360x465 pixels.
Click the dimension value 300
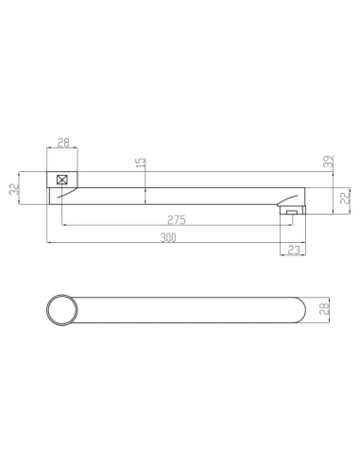(x=168, y=238)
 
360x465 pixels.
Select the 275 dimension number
(x=177, y=220)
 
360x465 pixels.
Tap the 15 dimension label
(x=142, y=162)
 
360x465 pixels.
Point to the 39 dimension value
(x=329, y=162)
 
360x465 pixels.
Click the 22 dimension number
(x=346, y=197)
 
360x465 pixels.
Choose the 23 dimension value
(x=294, y=250)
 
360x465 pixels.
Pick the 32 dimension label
(x=14, y=189)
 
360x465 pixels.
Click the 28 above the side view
(x=63, y=143)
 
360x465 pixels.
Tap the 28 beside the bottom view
(x=324, y=309)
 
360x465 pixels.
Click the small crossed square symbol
(x=61, y=180)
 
